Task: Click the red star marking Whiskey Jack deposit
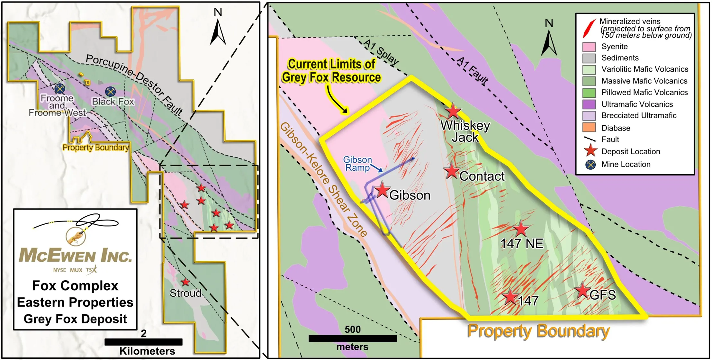coord(453,111)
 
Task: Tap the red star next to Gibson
coord(382,190)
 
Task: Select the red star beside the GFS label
coord(582,291)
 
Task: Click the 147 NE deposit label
coord(522,244)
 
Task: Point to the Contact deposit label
coord(482,176)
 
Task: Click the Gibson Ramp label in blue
coord(357,164)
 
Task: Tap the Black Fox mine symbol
coord(110,91)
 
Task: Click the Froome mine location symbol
coord(59,88)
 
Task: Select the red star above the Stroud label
coord(185,282)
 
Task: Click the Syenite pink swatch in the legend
coord(589,47)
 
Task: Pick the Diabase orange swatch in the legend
coord(589,128)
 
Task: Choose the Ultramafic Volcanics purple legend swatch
coord(589,104)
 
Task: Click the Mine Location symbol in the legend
coord(590,165)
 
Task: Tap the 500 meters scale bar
coord(353,338)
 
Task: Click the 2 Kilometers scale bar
coord(143,342)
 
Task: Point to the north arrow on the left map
coord(218,31)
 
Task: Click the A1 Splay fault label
coord(381,52)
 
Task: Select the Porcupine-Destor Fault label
coord(134,84)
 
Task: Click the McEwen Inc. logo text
coord(75,256)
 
